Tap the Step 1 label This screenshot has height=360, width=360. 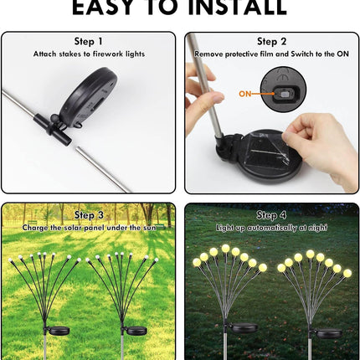pyautogui.click(x=89, y=41)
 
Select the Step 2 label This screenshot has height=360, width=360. pyautogui.click(x=272, y=41)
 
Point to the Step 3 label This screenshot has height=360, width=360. pyautogui.click(x=89, y=215)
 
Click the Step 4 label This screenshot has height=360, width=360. pyautogui.click(x=272, y=215)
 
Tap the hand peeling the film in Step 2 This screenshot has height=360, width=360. pyautogui.click(x=321, y=142)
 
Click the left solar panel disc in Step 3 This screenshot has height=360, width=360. pyautogui.click(x=59, y=331)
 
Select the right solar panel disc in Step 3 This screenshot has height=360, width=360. pyautogui.click(x=136, y=331)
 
